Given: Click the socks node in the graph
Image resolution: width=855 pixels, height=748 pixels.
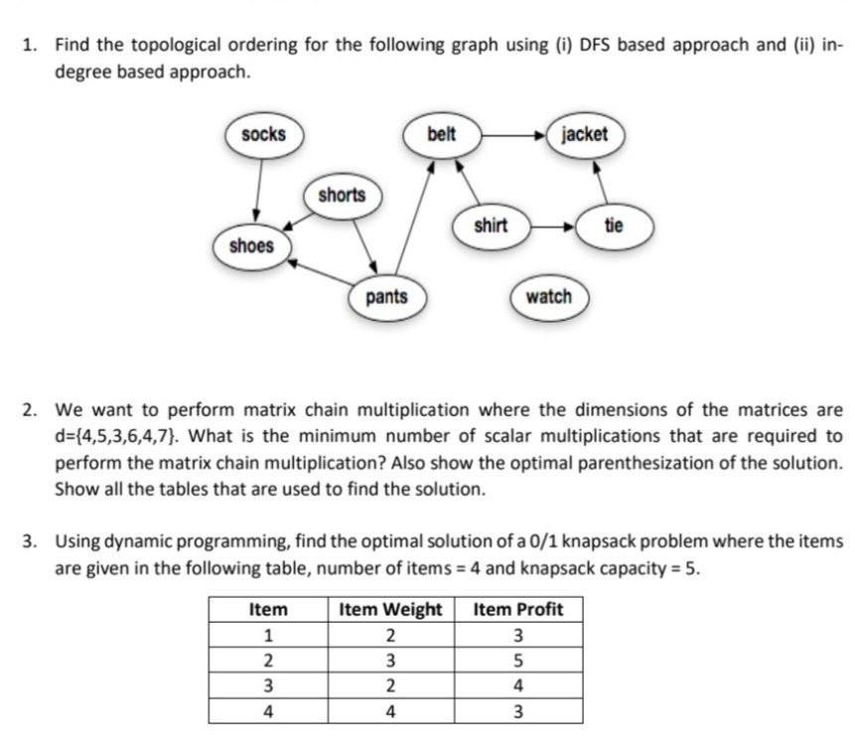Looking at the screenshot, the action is coord(263,134).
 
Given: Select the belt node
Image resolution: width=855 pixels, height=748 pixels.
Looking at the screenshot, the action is coord(441,134).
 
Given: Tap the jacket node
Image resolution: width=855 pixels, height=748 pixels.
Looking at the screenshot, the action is coord(585,134).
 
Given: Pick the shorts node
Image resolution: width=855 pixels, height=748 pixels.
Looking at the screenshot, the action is coord(342,195).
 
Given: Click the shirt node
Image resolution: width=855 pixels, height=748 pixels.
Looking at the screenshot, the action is coord(491,225).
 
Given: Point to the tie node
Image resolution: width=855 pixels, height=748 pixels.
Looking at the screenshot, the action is coord(614,225).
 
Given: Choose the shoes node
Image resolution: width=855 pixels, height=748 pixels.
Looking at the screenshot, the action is coord(251,245).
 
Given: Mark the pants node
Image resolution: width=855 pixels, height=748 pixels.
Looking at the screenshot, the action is coord(386,296).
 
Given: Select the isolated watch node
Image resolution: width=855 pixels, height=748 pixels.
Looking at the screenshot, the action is coord(549,296).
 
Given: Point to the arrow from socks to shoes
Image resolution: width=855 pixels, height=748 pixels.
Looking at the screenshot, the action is coord(258,189).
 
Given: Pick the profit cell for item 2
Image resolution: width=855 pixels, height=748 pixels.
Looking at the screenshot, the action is coord(517,661).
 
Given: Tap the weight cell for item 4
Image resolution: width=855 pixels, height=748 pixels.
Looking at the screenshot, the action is coord(390,710).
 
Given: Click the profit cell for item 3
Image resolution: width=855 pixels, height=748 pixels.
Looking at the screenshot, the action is coord(517,685).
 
